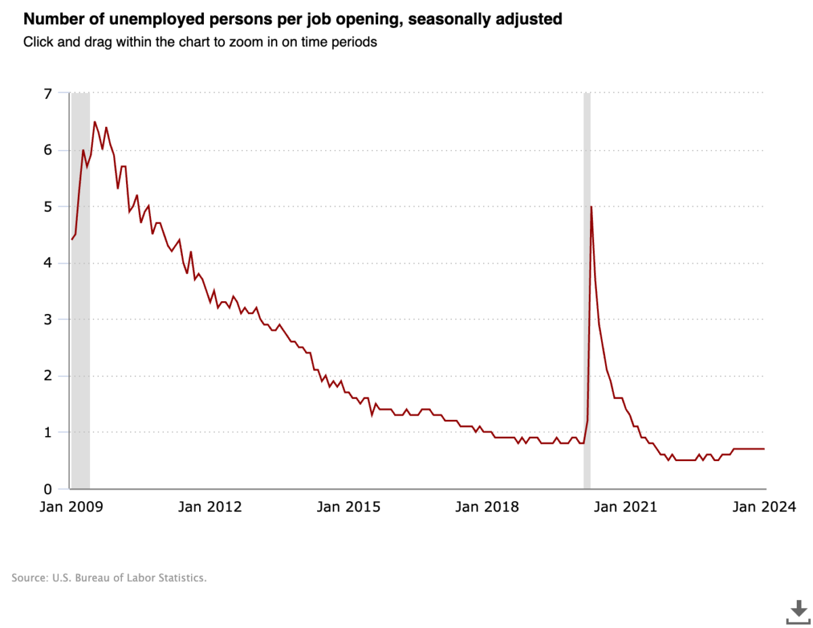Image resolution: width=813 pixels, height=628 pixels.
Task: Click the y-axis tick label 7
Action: (47, 94)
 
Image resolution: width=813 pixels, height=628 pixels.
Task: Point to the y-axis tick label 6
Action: (47, 150)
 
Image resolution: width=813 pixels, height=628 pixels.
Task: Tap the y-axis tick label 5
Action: (47, 206)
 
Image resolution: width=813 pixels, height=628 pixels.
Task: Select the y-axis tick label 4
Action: (47, 262)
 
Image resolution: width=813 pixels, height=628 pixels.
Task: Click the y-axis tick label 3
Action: (47, 319)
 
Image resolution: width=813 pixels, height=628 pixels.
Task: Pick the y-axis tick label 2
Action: (47, 376)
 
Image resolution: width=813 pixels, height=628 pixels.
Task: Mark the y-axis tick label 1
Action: (47, 432)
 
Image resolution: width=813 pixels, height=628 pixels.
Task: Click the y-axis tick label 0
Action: (47, 488)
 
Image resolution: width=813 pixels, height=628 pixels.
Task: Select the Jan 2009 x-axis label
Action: (70, 507)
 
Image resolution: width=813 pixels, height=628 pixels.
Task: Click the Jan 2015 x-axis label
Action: (348, 507)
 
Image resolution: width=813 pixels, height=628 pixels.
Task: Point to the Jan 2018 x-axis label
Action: (486, 507)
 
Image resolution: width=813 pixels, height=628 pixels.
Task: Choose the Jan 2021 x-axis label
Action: (625, 507)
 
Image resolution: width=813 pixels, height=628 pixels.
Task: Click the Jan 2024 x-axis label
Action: (763, 507)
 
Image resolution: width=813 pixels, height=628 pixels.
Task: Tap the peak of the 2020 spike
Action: (591, 207)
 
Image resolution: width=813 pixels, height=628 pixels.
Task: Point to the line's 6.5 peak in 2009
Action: (94, 122)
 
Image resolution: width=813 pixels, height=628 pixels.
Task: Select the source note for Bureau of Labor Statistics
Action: (108, 578)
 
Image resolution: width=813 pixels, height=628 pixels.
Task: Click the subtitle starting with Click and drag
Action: (200, 42)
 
